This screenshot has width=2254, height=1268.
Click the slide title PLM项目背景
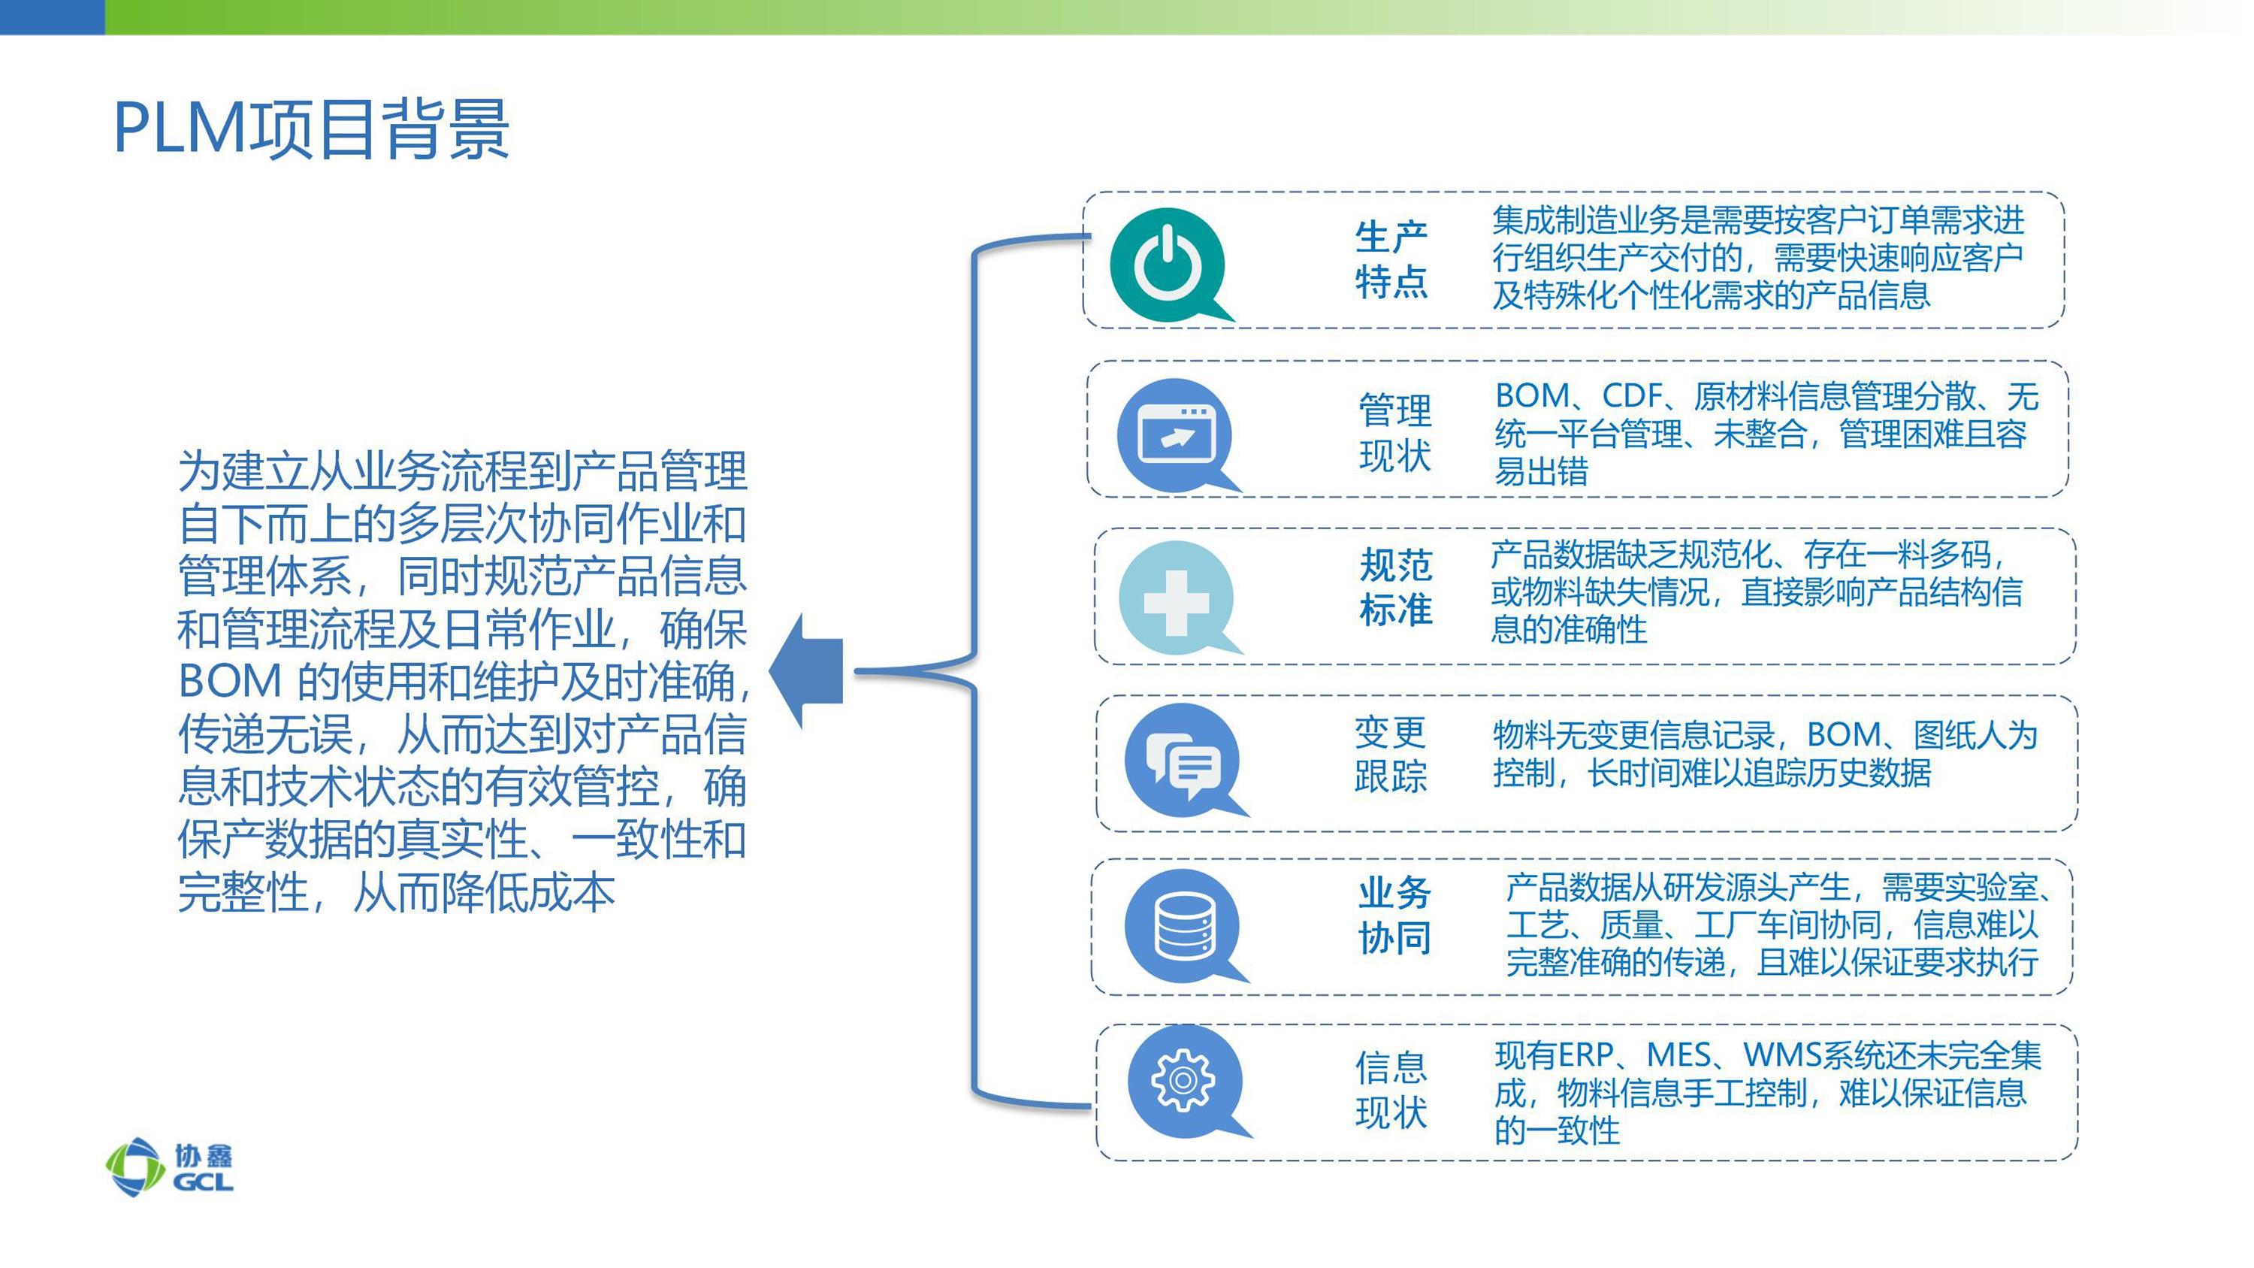(x=312, y=129)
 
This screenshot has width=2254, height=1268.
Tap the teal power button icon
(x=1169, y=265)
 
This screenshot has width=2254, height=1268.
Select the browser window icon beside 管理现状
(x=1175, y=435)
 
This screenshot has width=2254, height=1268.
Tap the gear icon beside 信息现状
(x=1186, y=1082)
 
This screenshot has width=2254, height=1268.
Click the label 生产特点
(x=1391, y=259)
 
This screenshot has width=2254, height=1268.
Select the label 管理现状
(x=1394, y=432)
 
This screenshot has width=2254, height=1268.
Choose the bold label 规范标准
(x=1396, y=587)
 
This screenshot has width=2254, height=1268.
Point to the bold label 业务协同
(x=1394, y=915)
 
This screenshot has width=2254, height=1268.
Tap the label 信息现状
(x=1391, y=1089)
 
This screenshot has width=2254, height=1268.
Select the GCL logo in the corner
(x=170, y=1167)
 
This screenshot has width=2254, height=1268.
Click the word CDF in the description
(x=1632, y=395)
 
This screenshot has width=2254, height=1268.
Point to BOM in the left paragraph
(x=230, y=681)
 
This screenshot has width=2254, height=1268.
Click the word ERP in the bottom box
(x=1585, y=1055)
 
